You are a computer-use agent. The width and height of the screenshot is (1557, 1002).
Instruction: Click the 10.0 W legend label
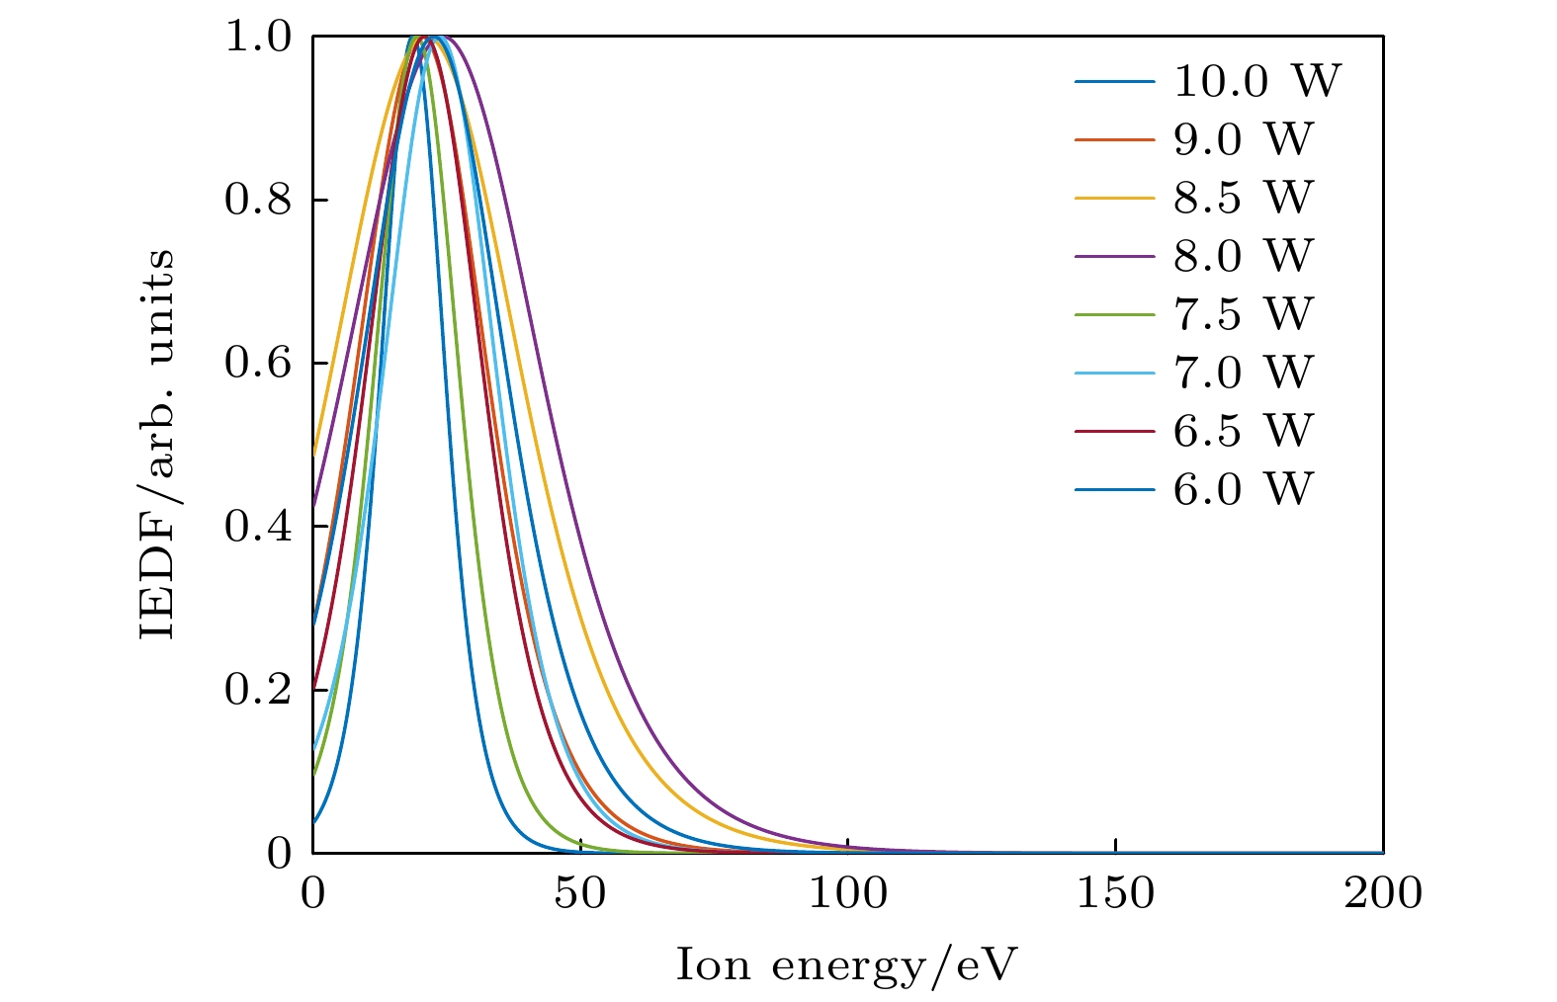(x=1256, y=81)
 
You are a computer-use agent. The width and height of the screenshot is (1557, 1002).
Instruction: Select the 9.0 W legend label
(x=1243, y=139)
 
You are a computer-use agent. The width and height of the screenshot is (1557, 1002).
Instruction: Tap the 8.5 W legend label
(x=1243, y=198)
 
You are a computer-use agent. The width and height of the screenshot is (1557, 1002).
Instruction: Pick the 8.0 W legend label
(x=1243, y=256)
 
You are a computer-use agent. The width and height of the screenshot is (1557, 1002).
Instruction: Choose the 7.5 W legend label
(x=1243, y=314)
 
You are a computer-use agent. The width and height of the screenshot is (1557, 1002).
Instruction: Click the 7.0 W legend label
(x=1243, y=373)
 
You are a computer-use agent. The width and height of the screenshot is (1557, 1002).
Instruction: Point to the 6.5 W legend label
(x=1243, y=431)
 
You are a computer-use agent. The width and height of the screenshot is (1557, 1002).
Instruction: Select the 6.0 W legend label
(x=1243, y=489)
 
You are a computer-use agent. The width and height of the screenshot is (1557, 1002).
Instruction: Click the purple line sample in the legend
(x=1115, y=256)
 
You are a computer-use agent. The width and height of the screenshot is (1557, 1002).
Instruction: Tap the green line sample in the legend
(x=1115, y=314)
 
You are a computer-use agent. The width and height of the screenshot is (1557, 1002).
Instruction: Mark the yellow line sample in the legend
(x=1115, y=198)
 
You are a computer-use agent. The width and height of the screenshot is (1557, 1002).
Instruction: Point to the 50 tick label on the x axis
(x=580, y=893)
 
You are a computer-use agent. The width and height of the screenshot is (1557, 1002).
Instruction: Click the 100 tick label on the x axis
(x=848, y=893)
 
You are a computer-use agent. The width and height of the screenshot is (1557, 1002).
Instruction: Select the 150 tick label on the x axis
(x=1115, y=893)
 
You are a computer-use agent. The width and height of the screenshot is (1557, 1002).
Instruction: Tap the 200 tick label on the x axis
(x=1383, y=893)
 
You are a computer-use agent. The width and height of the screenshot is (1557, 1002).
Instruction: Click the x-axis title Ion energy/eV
(x=847, y=964)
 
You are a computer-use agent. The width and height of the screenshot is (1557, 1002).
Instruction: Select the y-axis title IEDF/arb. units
(x=157, y=444)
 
